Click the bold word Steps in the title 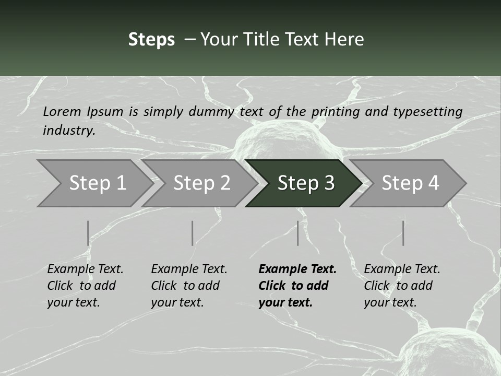pos(151,39)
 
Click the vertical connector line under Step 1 pos(88,233)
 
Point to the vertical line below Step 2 pos(192,233)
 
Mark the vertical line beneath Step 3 pos(297,233)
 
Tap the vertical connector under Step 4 pos(403,233)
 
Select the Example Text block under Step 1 pos(85,286)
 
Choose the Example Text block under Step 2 pos(189,286)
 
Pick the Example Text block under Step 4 pos(402,286)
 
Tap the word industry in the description pos(69,131)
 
